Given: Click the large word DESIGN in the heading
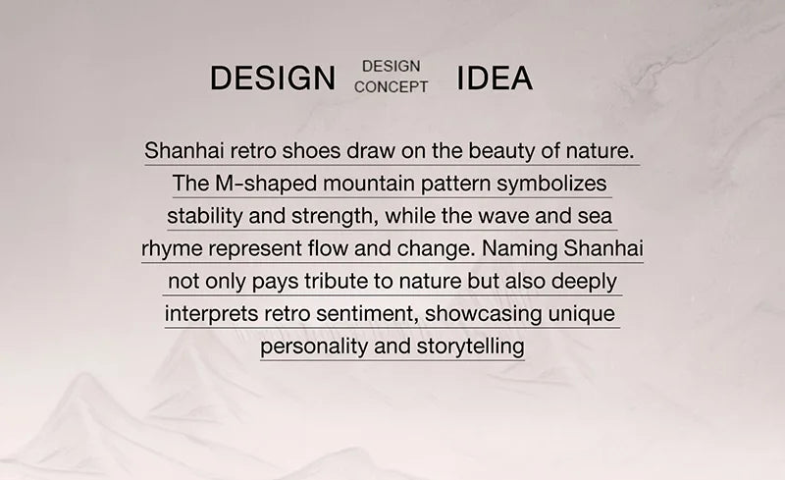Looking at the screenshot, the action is [x=273, y=78].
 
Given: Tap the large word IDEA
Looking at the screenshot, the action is [x=495, y=78].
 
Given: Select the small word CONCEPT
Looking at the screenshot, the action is [x=391, y=86].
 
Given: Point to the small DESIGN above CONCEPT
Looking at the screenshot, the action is [x=391, y=66].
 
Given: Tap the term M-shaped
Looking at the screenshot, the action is [x=266, y=184].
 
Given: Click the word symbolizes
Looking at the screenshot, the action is [x=551, y=184].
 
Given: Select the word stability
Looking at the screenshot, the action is [x=204, y=217].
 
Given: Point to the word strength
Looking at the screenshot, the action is [x=335, y=217].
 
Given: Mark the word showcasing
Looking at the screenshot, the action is [x=483, y=314].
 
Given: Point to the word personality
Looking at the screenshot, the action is [x=314, y=347].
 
